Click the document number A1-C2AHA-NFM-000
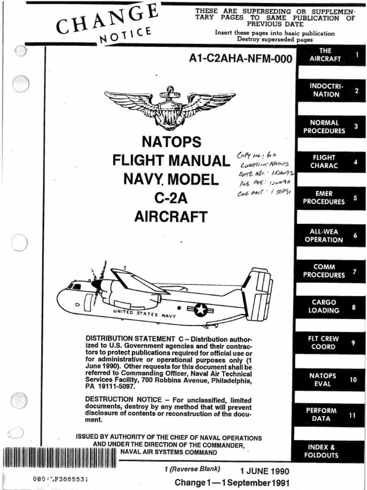coord(240,59)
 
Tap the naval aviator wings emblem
coord(170,106)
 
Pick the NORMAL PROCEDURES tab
coord(330,127)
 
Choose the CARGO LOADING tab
coord(330,306)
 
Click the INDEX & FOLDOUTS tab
coord(330,451)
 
